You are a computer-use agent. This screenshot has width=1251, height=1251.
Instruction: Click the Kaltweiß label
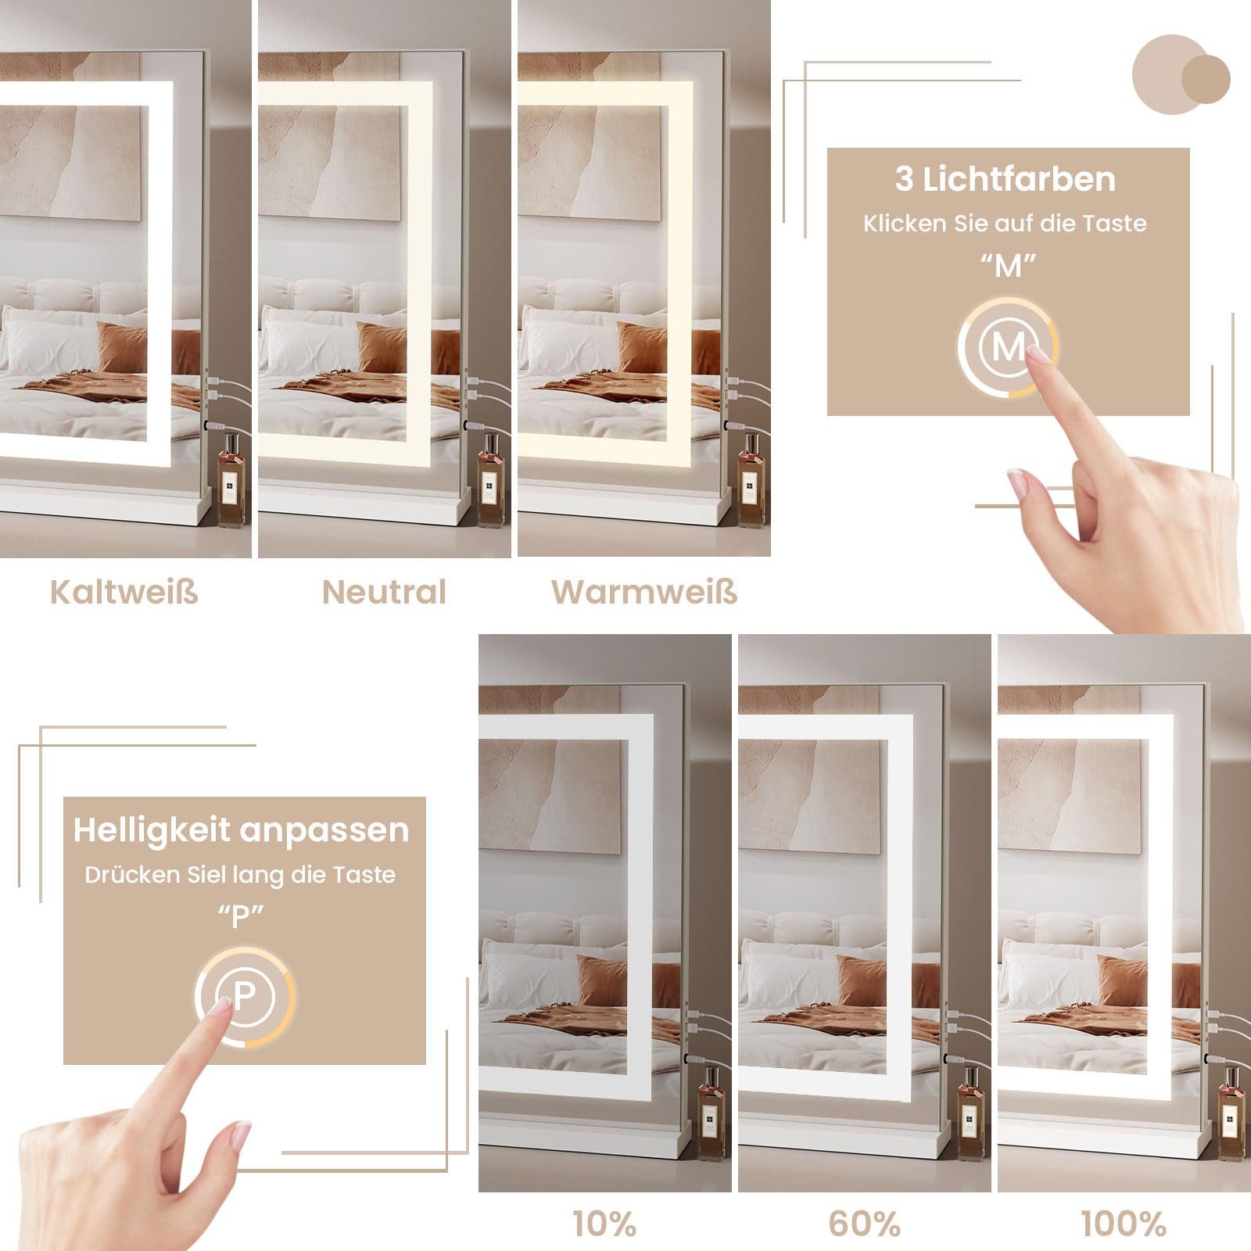click(124, 592)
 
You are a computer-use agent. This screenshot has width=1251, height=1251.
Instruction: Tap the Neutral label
click(384, 592)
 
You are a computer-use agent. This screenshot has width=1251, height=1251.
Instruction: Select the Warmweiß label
click(644, 592)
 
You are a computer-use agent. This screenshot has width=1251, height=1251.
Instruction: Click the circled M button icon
click(1008, 346)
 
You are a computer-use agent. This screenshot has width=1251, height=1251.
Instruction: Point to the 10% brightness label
click(604, 1224)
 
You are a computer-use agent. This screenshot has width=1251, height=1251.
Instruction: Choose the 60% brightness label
click(864, 1224)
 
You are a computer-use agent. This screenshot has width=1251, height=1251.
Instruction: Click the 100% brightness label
click(1124, 1224)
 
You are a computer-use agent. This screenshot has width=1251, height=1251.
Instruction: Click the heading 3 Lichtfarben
click(1005, 179)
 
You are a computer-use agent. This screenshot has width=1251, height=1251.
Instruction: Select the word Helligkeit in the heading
click(152, 830)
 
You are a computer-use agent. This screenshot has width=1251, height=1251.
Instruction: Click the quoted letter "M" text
click(1008, 267)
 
